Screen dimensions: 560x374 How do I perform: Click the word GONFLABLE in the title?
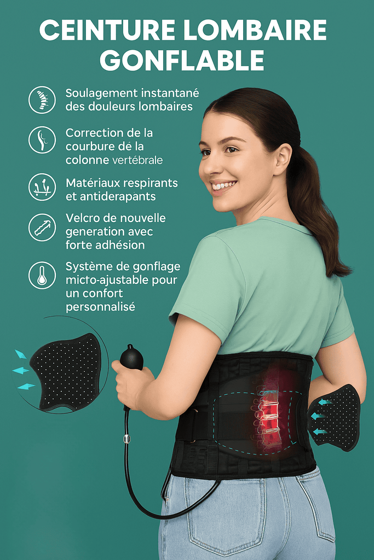182,60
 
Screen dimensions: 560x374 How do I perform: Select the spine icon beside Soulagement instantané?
42,100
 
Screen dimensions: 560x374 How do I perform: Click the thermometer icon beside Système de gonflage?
42,275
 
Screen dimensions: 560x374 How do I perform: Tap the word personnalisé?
100,307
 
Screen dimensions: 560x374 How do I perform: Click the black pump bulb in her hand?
131,358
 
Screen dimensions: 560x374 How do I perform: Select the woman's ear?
282,159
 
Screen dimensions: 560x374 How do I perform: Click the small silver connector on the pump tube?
127,439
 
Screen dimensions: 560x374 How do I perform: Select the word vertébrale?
137,161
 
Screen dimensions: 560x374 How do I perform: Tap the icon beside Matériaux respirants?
42,187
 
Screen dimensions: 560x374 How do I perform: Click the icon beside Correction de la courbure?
42,140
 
